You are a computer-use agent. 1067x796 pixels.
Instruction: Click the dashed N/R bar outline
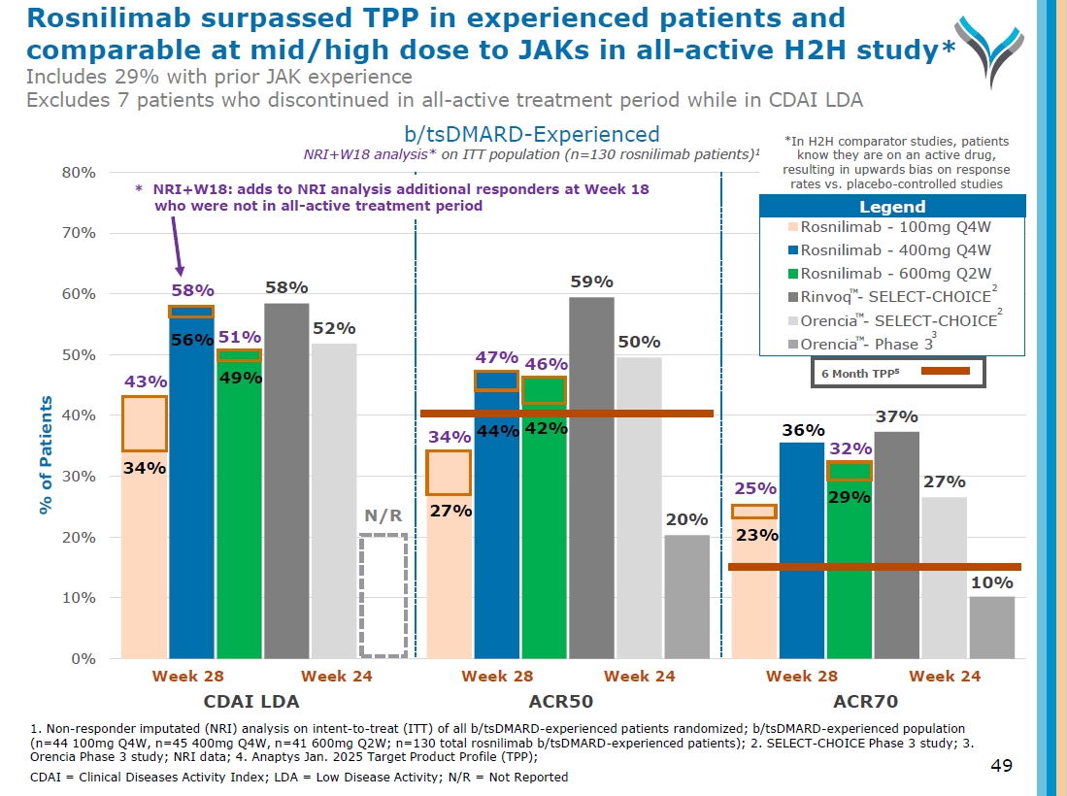[383, 595]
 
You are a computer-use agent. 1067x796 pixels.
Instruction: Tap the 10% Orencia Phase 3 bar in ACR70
[991, 627]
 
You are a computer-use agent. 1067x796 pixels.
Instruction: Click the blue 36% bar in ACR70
[801, 549]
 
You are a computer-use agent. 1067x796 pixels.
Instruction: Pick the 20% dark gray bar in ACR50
[686, 596]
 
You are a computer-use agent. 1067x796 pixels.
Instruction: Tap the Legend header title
[891, 207]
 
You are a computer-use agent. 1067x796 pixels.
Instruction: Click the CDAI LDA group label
[250, 701]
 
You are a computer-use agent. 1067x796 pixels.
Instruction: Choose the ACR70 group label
[865, 701]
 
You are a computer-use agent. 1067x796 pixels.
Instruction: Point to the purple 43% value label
[143, 382]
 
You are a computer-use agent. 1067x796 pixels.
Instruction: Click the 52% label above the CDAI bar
[333, 329]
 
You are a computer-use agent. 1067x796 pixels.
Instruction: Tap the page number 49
[1001, 766]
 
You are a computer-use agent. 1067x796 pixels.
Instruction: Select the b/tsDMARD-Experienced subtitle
[531, 134]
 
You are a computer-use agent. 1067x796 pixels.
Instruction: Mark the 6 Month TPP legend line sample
[945, 371]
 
